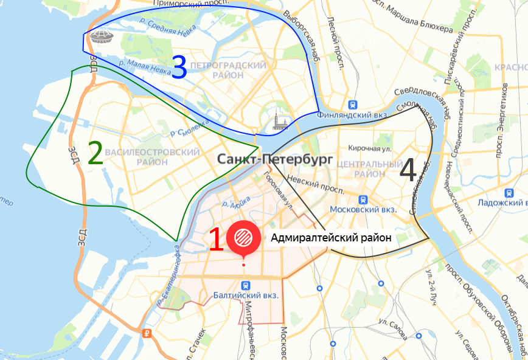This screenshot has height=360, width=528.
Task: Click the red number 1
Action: click(215, 240)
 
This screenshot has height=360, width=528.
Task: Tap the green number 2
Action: click(95, 154)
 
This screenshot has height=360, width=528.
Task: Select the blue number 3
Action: click(179, 67)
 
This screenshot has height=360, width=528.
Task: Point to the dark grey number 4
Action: click(408, 170)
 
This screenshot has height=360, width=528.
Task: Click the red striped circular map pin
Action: click(243, 237)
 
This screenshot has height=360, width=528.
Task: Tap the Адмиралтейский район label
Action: click(329, 237)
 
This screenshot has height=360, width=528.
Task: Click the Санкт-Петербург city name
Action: click(274, 159)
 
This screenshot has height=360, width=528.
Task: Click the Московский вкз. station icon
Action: click(363, 198)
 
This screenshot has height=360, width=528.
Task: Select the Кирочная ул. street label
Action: click(369, 148)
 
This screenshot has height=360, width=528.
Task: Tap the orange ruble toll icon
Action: click(147, 333)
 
